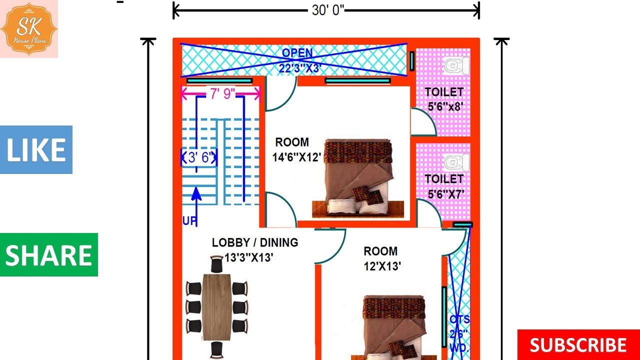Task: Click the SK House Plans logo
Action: coord(29,28)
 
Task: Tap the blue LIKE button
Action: coord(36,149)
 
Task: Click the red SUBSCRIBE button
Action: coord(578,345)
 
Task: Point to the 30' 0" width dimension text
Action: coord(328,10)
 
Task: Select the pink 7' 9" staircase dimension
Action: coord(222,93)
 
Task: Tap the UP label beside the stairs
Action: coord(189,221)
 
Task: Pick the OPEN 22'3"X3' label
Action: coord(299,60)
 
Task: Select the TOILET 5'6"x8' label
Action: coord(444,99)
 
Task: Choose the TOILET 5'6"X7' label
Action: coord(444,186)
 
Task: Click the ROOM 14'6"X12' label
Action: coord(296,149)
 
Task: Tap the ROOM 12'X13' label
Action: coord(382,258)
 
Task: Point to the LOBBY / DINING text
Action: coord(255,242)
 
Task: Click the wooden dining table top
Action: coord(216,307)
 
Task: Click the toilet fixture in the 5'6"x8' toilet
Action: coord(456,66)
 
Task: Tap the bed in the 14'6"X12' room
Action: coord(358,178)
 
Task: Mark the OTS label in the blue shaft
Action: coord(459,319)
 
